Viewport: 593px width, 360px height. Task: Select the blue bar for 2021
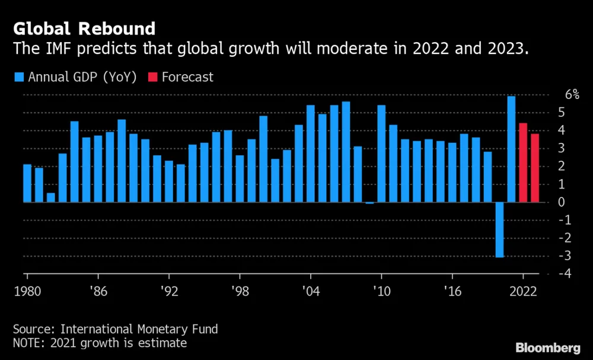pos(511,149)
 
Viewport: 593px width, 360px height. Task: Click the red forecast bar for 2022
pos(523,163)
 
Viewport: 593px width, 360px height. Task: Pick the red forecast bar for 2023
pos(535,168)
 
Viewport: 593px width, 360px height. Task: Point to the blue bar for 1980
pos(27,183)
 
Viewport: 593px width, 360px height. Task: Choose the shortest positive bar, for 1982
pos(51,197)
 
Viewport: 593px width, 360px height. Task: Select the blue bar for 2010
pos(381,154)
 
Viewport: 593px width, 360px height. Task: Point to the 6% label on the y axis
pos(555,94)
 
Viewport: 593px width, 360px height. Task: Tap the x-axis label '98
pos(240,292)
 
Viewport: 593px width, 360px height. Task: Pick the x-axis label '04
pos(311,292)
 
